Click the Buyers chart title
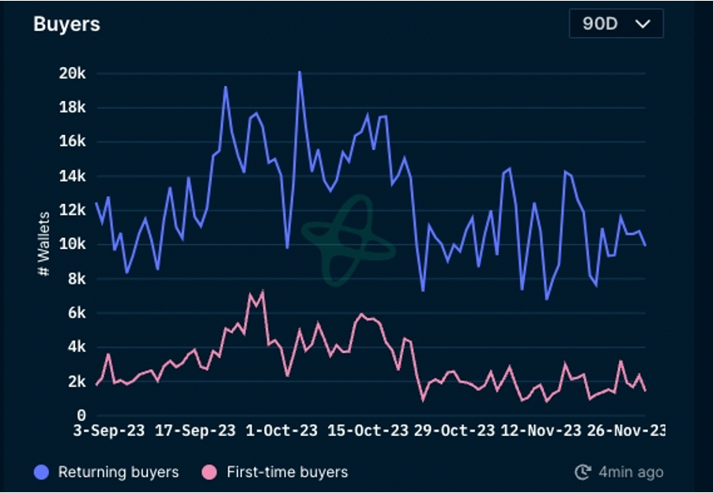coord(66,24)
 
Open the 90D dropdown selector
coord(616,24)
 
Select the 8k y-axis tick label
coord(75,278)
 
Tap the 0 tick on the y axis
coord(81,415)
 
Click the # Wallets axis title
coord(44,243)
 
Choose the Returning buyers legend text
coord(119,472)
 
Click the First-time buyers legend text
coord(287,472)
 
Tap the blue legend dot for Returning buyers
coord(42,472)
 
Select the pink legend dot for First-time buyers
coord(209,472)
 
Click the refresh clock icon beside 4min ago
coord(583,472)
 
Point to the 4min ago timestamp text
coord(630,472)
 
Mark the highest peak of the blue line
coord(300,72)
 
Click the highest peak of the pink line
coord(262,292)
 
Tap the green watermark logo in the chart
coord(347,240)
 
